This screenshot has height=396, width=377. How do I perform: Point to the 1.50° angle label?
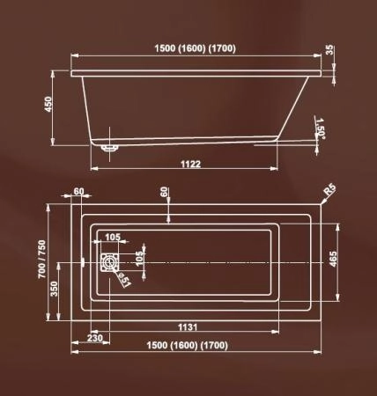pos(322,128)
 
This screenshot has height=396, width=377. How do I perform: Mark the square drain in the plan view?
pos(110,263)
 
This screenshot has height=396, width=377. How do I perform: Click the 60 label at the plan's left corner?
pos(78,191)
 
